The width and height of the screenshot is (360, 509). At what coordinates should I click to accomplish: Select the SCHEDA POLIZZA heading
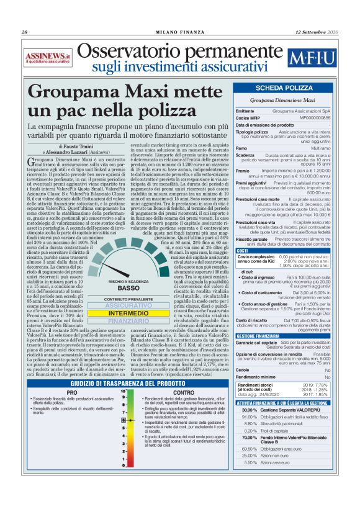(x=284, y=89)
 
